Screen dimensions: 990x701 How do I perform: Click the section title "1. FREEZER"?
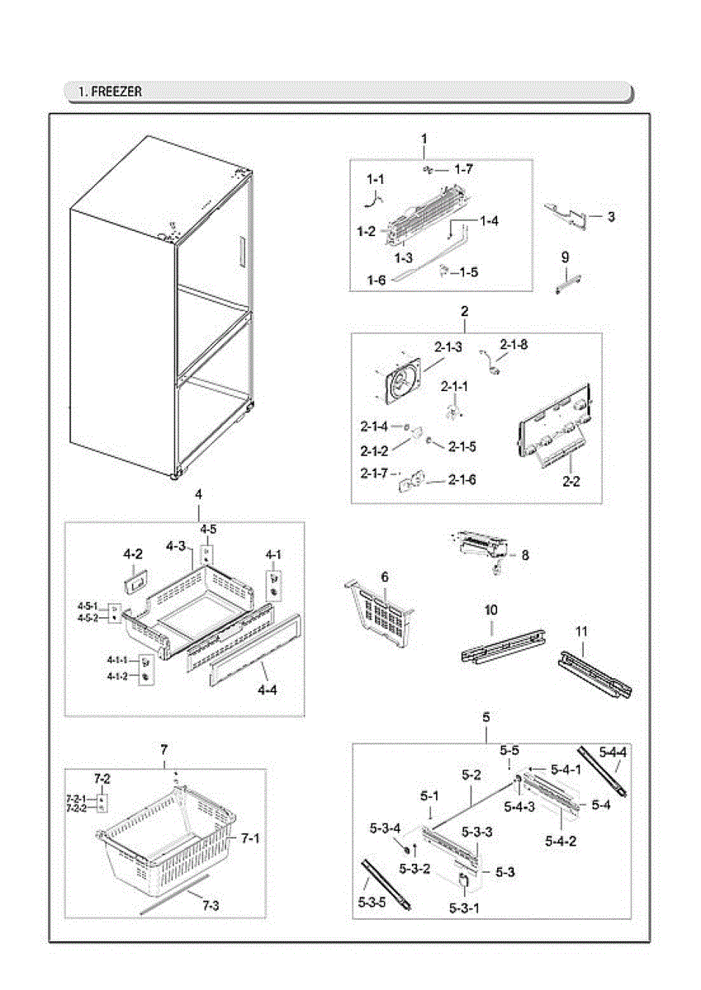(x=111, y=92)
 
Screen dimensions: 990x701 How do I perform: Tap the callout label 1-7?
(x=463, y=169)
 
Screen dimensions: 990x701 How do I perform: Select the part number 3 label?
(x=610, y=217)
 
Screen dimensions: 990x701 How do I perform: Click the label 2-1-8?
(x=513, y=344)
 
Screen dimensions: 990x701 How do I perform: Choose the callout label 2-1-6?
(x=462, y=479)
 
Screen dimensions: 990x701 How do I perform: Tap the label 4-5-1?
(x=88, y=606)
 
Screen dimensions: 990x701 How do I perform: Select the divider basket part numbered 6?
(x=381, y=609)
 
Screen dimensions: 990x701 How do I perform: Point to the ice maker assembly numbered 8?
(x=479, y=547)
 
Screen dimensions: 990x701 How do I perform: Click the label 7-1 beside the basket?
(x=250, y=837)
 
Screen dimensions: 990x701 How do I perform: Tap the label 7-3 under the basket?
(x=211, y=905)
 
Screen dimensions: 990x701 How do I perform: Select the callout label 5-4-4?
(x=613, y=752)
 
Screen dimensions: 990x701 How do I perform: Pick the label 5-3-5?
(x=372, y=902)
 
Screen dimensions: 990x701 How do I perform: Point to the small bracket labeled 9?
(x=566, y=282)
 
